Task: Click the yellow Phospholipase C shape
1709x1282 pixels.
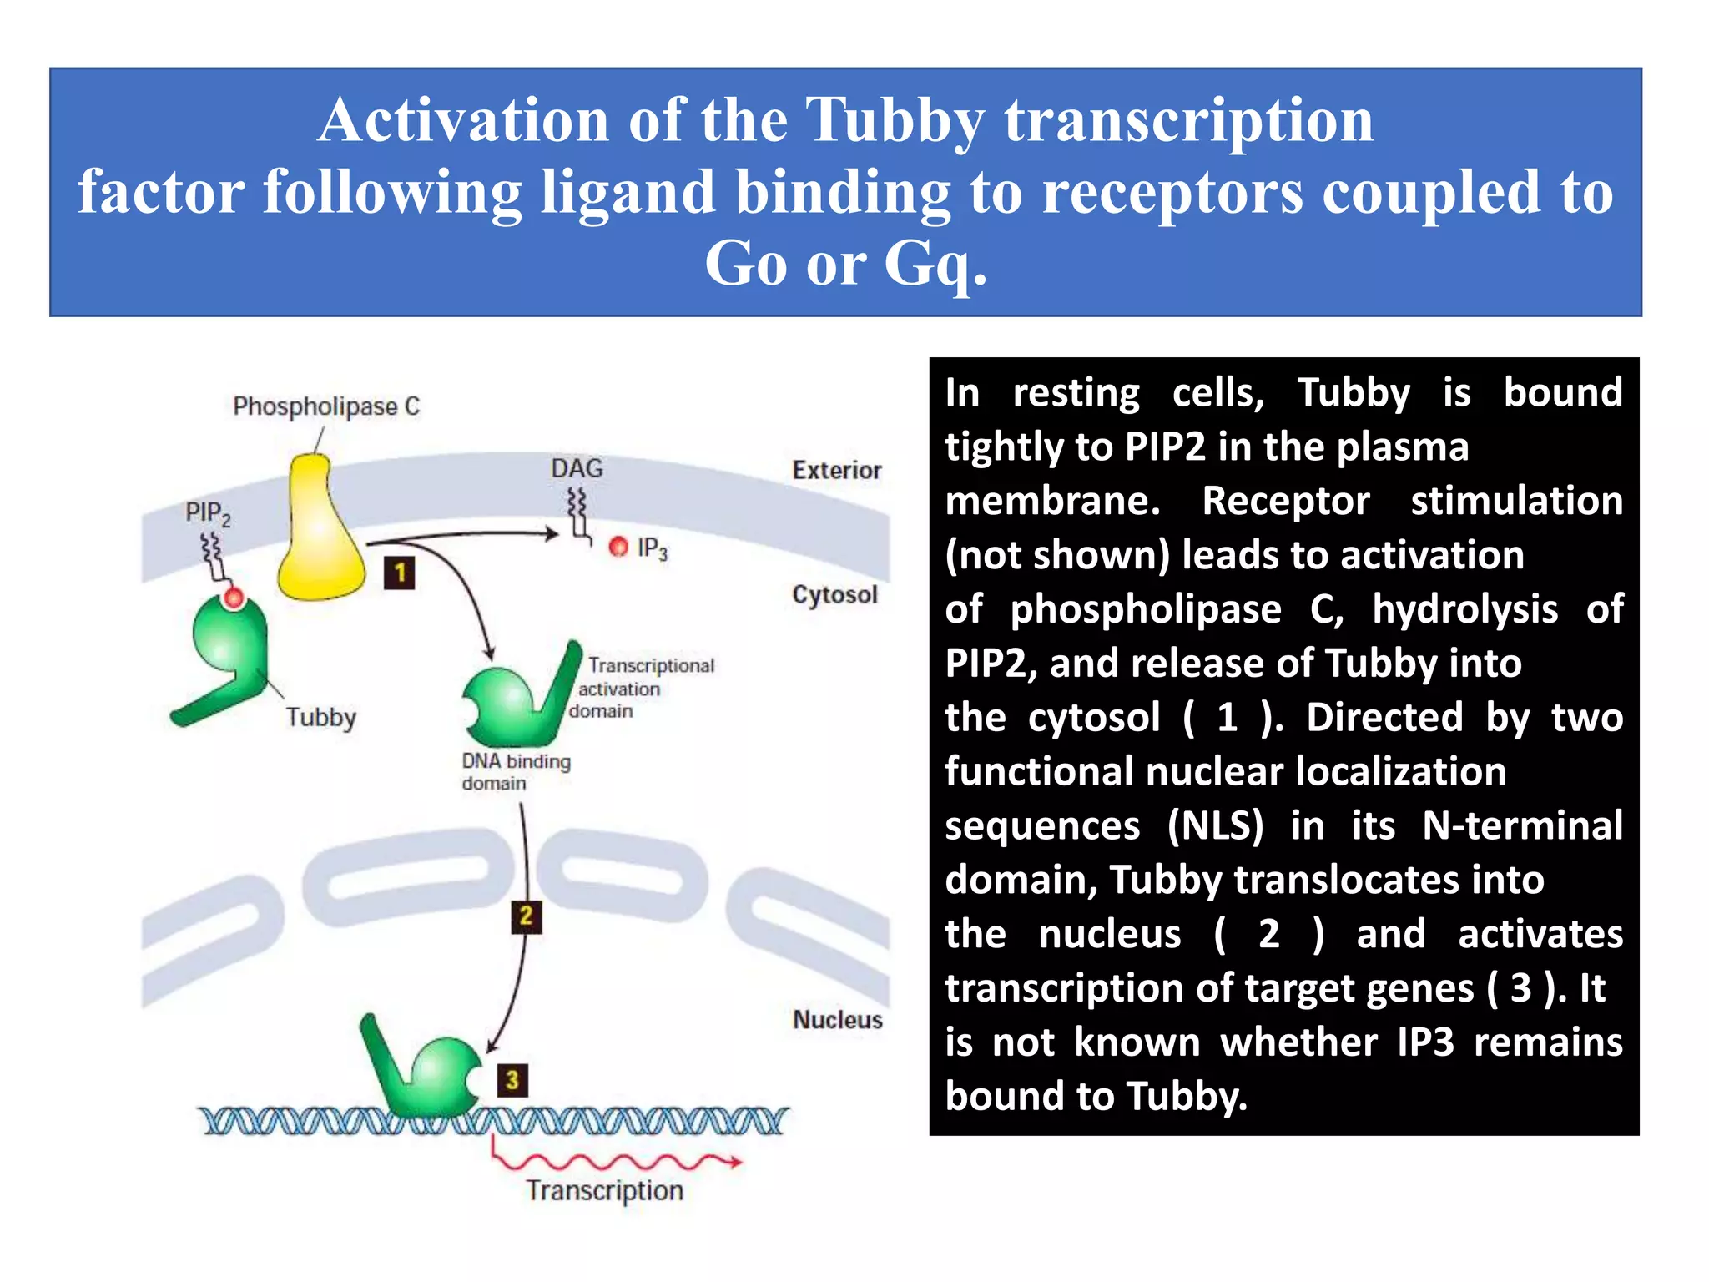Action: pos(320,534)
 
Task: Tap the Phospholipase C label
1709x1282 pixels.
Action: pos(326,406)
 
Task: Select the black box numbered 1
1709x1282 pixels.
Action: pos(400,573)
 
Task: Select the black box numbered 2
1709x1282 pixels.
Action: pos(526,916)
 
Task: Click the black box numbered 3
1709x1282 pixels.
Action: pos(512,1080)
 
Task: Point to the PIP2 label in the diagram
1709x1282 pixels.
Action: pos(207,513)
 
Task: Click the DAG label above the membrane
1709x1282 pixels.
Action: pos(577,468)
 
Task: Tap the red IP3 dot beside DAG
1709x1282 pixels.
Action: pos(618,547)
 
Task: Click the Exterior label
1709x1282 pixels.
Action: pos(836,470)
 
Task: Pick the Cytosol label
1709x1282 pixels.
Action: pos(834,595)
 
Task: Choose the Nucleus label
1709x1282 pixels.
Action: pos(837,1020)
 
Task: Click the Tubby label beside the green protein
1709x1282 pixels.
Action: pos(321,717)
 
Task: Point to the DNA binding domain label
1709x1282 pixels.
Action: pos(515,772)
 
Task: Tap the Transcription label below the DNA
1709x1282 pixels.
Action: pos(604,1191)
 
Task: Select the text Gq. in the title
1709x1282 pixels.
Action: pos(935,263)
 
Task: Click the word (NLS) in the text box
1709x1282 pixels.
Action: pos(1215,826)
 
